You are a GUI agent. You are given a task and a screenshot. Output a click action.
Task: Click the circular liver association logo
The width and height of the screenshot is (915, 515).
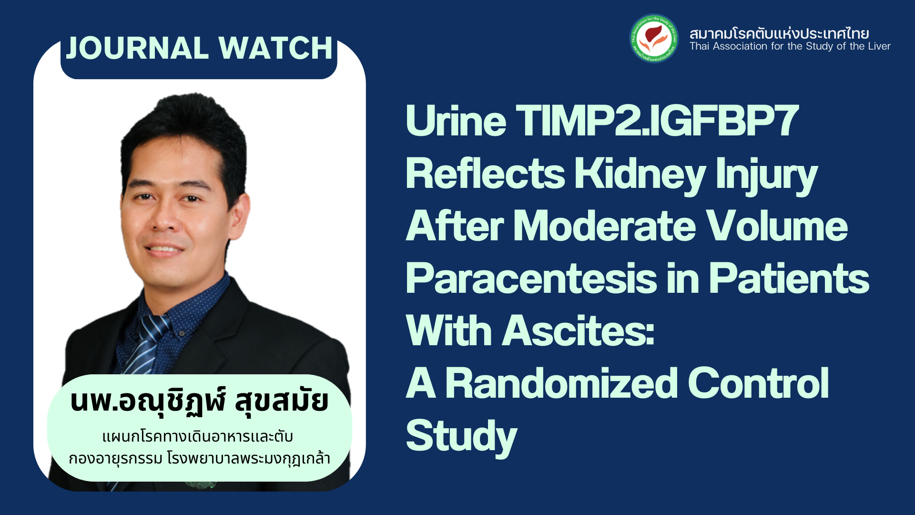tap(654, 38)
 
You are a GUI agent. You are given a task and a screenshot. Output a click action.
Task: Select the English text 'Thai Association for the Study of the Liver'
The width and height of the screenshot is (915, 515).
tap(790, 46)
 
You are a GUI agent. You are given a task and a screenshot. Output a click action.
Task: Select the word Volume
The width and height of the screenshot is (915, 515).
tap(777, 226)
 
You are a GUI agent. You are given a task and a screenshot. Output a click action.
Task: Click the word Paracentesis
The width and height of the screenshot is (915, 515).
tap(531, 278)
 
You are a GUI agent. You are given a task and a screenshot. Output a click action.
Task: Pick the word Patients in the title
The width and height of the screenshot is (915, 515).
tap(789, 278)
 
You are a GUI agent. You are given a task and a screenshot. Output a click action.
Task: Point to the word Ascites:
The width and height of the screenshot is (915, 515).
tap(579, 331)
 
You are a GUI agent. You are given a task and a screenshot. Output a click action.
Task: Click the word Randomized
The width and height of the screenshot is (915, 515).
tap(561, 383)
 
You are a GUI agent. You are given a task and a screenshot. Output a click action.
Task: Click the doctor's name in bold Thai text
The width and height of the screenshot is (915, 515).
tap(199, 402)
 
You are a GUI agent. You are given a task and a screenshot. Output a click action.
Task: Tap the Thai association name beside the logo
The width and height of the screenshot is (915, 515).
tap(779, 33)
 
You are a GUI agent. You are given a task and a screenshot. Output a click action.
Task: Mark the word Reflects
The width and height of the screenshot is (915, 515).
tap(485, 174)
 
